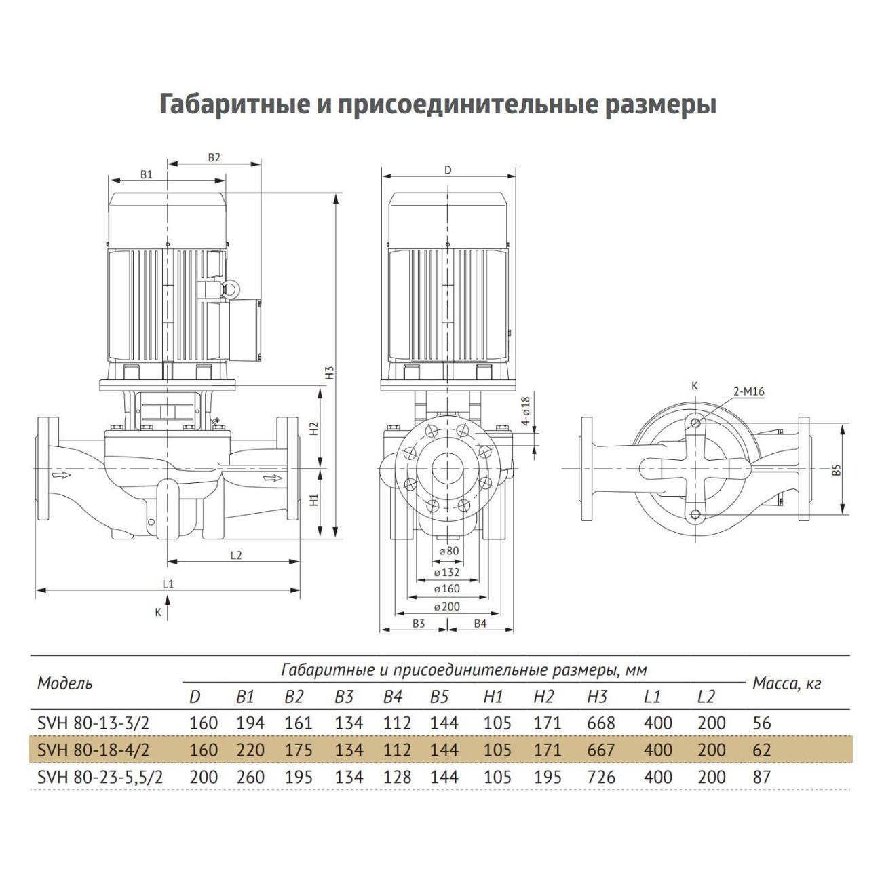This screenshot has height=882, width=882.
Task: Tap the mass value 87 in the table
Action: (762, 777)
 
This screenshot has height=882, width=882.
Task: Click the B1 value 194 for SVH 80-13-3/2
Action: (250, 723)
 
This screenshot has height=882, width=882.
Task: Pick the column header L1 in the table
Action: (651, 697)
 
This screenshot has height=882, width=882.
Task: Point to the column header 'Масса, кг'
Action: (786, 684)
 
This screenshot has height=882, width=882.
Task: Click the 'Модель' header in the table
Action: (65, 683)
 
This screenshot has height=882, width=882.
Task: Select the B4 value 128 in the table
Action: (397, 777)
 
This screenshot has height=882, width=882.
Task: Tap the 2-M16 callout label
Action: (748, 391)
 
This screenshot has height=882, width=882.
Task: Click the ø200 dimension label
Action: (446, 607)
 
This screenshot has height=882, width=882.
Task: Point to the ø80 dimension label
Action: (448, 551)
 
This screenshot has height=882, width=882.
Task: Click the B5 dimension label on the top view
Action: (837, 469)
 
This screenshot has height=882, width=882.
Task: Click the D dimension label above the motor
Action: (448, 170)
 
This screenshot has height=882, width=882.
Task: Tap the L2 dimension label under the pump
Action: (235, 555)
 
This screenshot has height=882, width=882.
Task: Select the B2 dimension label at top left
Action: (214, 157)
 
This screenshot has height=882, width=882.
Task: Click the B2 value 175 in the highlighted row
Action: (298, 750)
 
